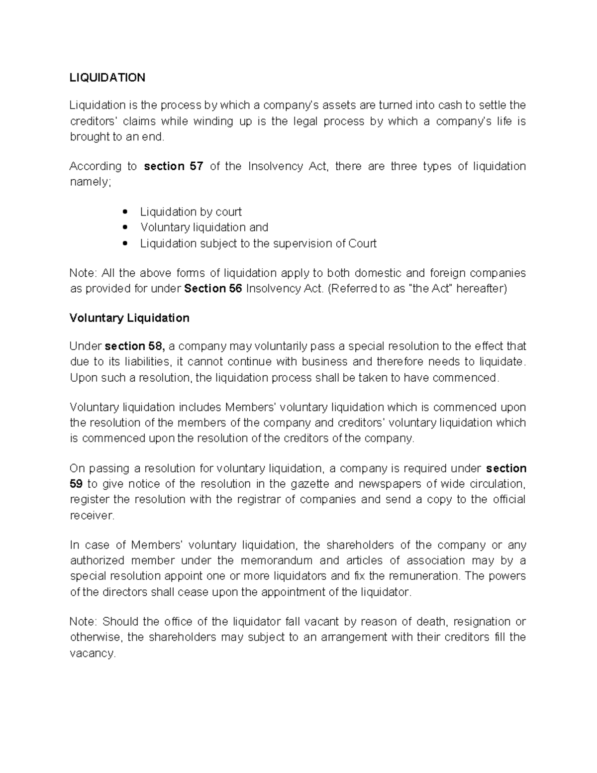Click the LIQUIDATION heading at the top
click(107, 77)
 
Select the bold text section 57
click(173, 166)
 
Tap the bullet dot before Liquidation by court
click(125, 213)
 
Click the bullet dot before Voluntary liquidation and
click(125, 228)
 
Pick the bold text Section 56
click(213, 289)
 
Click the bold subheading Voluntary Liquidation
click(129, 318)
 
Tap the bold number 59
click(76, 484)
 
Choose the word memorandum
click(276, 560)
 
